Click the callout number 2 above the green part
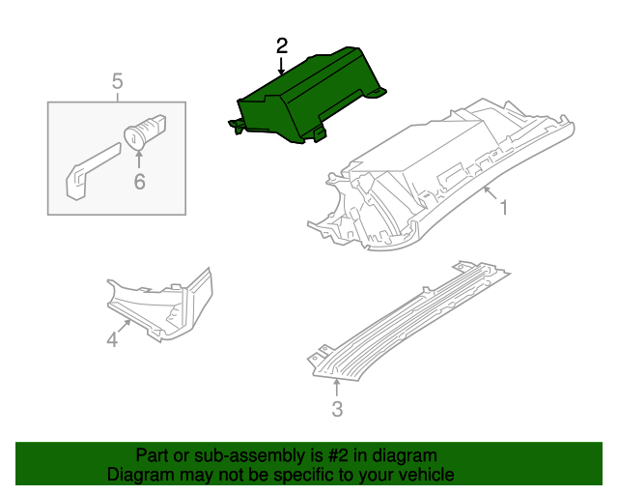point(282,45)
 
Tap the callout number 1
point(503,206)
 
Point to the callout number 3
point(337,409)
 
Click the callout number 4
point(112,338)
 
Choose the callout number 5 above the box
point(117,81)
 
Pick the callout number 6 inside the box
point(139,181)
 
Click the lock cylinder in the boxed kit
point(144,131)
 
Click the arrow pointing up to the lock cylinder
point(139,160)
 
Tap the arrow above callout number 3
point(336,388)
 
